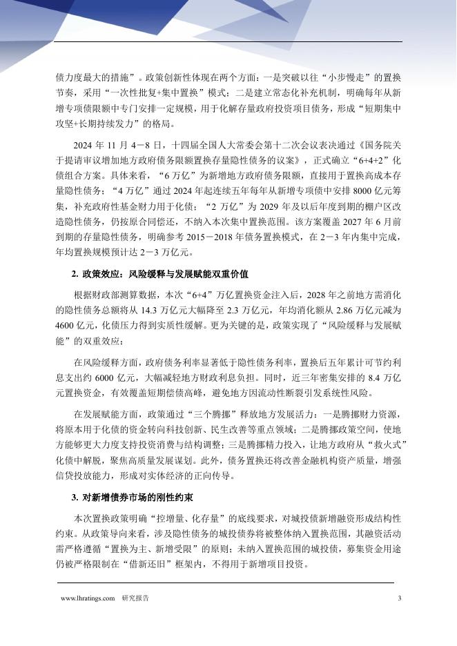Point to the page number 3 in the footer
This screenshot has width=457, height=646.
pos(399,598)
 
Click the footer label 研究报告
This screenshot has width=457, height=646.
pos(135,598)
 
